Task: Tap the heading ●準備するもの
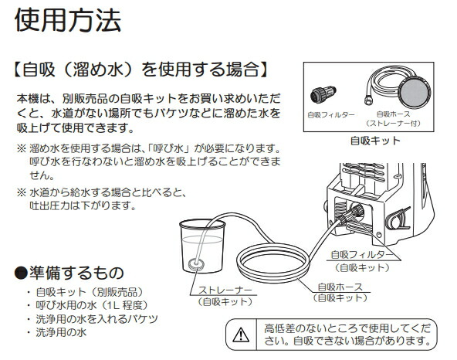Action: [80, 273]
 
